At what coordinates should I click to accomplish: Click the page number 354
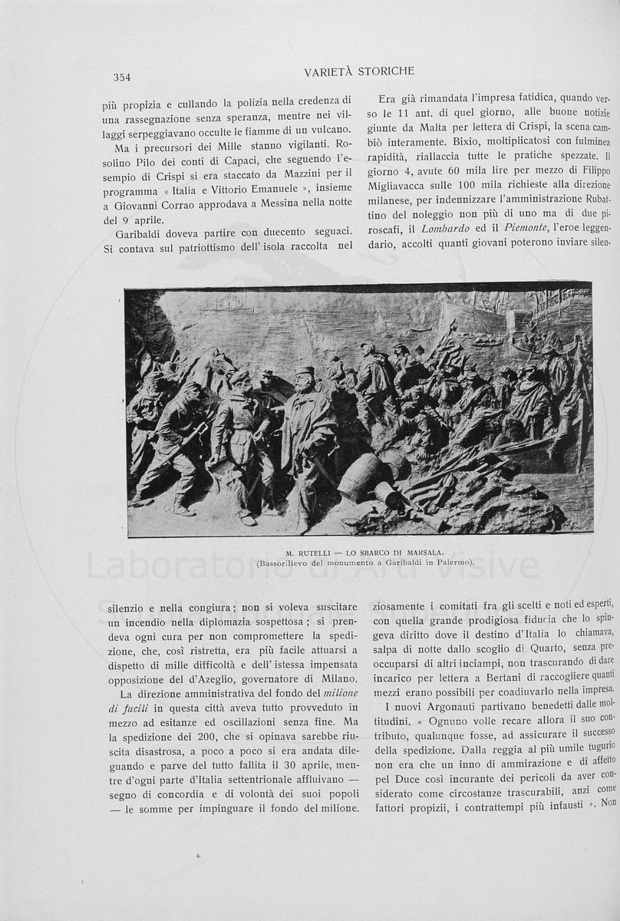point(122,77)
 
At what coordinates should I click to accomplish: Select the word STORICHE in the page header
point(387,71)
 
